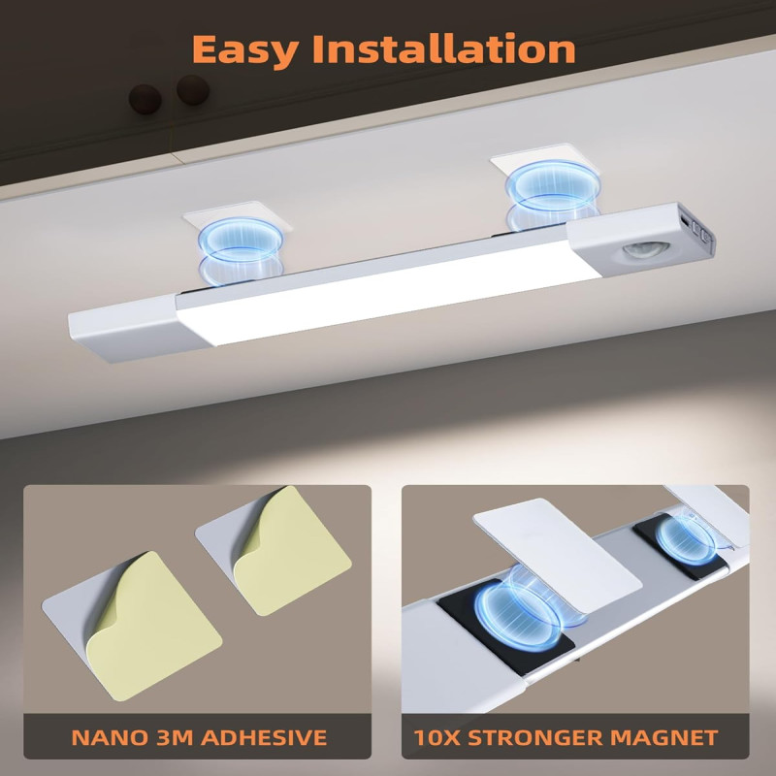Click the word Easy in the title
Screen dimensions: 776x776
click(245, 50)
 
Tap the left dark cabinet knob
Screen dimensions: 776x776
click(145, 99)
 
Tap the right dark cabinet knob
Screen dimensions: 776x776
click(193, 90)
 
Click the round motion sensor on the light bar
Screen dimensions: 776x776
click(645, 249)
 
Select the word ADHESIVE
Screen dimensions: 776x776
click(264, 737)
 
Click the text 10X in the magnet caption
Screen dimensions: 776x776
click(436, 737)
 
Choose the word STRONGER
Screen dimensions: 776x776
click(533, 737)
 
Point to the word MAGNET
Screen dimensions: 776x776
click(663, 737)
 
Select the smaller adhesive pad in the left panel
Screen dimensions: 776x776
click(274, 550)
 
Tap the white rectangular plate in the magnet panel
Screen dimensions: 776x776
click(557, 555)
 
